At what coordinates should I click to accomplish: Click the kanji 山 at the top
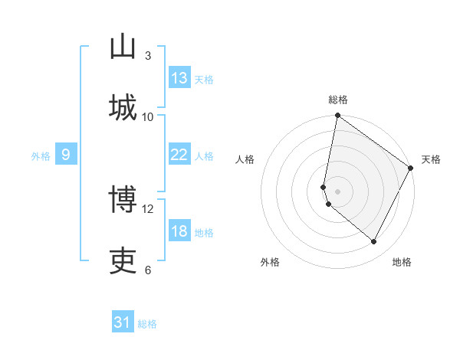(x=123, y=47)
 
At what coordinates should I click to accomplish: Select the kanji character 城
(x=123, y=107)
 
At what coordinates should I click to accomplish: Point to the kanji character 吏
(x=123, y=261)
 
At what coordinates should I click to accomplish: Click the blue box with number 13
(x=179, y=78)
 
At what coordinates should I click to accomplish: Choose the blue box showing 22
(x=179, y=155)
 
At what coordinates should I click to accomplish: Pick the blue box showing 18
(x=179, y=231)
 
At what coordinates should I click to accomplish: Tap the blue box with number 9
(x=66, y=155)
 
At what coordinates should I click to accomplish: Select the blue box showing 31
(x=123, y=322)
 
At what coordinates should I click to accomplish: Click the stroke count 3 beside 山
(x=148, y=55)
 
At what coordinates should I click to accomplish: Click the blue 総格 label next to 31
(x=147, y=324)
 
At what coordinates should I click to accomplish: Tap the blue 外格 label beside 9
(x=41, y=156)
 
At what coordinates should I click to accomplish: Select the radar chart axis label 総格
(x=338, y=100)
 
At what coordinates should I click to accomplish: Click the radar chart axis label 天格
(x=431, y=159)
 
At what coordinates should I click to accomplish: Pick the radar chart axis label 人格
(x=245, y=159)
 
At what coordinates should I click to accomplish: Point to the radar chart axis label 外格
(x=270, y=262)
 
